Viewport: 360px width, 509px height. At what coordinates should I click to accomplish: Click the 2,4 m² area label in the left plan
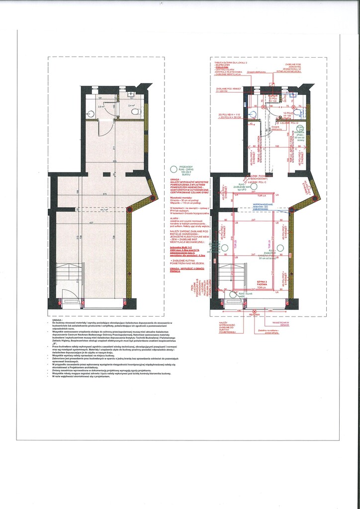(131, 106)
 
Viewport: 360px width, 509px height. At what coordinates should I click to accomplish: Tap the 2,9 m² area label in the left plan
(100, 107)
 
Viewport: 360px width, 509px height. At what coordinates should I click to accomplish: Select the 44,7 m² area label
(103, 210)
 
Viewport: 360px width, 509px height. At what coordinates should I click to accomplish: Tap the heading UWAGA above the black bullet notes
(57, 320)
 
